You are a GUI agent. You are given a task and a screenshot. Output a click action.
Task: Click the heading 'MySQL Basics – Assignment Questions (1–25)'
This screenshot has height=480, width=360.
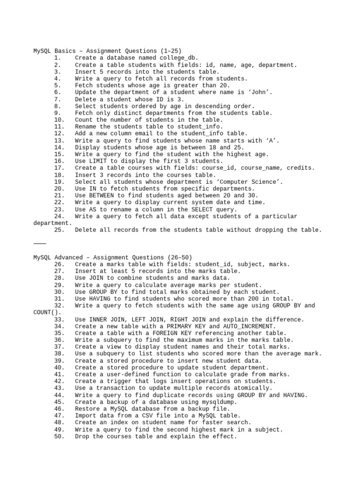(107, 51)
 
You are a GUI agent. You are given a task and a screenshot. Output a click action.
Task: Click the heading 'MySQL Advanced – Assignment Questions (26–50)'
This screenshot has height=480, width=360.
(112, 257)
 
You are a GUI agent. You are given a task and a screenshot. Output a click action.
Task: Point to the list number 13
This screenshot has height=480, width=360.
(59, 141)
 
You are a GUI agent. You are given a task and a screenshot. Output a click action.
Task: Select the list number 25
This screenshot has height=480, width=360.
(59, 230)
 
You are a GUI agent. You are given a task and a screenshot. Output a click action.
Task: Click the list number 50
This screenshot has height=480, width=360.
(59, 436)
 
